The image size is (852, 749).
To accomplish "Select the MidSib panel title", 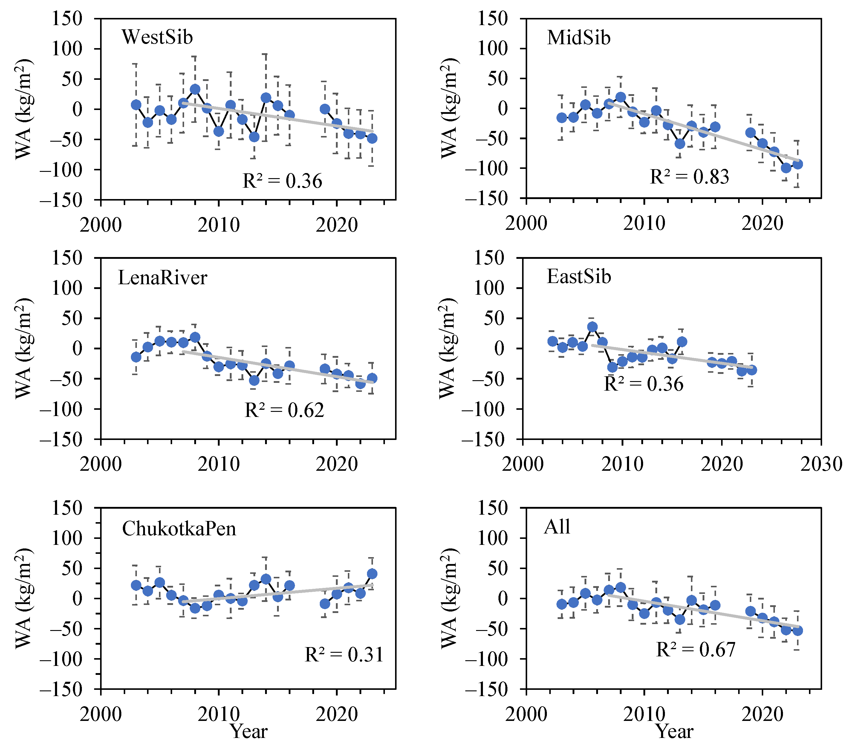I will tap(578, 38).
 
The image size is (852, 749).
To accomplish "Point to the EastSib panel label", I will tap(579, 277).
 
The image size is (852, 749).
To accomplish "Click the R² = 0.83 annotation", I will tap(689, 177).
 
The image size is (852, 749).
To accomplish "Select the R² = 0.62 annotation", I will tap(284, 410).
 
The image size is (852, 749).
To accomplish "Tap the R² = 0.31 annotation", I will tap(344, 654).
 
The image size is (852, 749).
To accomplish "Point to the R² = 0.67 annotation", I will tap(696, 649).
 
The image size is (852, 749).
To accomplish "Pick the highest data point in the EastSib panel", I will tap(592, 327).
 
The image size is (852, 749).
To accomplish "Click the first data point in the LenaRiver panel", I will tap(136, 357).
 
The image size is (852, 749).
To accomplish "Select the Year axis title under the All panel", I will tap(674, 731).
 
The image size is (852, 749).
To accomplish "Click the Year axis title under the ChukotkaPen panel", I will tap(249, 731).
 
